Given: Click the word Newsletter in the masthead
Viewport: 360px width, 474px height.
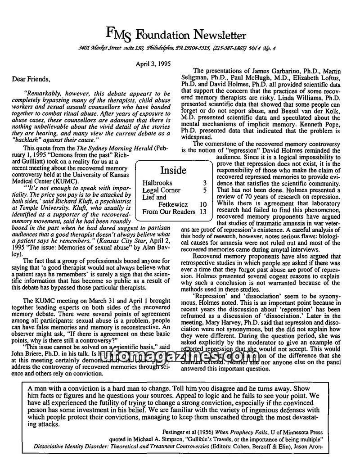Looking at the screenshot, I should [x=220, y=35].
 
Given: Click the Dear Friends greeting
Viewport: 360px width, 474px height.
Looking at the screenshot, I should [x=31, y=79].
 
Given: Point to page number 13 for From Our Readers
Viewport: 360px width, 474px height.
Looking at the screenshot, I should [x=202, y=211].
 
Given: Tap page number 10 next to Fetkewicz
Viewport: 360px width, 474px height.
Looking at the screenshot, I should [x=203, y=204].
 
